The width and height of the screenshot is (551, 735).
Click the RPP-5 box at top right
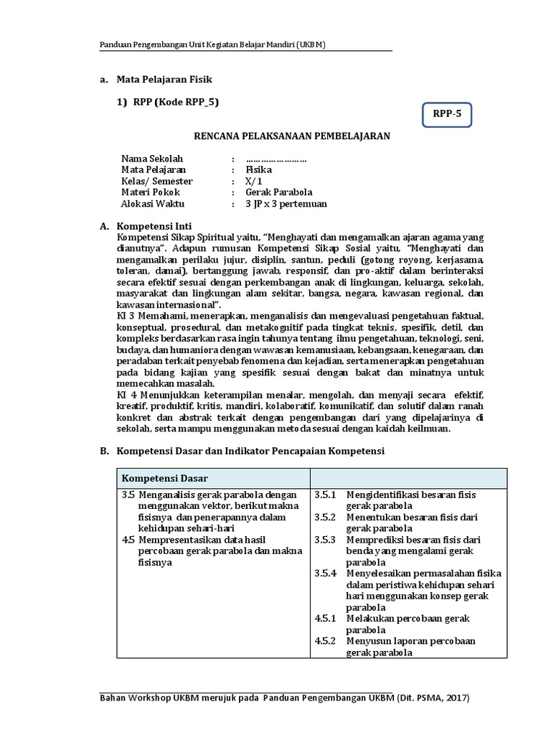click(446, 114)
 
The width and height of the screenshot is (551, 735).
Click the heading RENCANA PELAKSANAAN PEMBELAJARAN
click(292, 136)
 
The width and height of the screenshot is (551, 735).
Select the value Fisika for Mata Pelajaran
click(259, 170)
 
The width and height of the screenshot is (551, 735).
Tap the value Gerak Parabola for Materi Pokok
click(279, 192)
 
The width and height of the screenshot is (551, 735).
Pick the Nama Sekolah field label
click(152, 159)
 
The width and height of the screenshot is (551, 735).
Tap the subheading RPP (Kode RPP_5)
click(176, 102)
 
